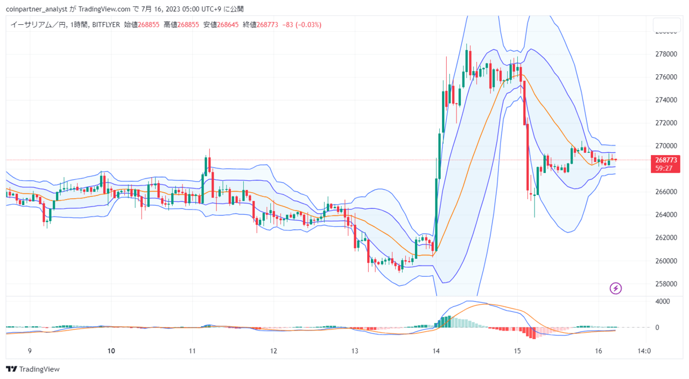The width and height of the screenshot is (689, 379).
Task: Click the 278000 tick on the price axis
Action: click(666, 54)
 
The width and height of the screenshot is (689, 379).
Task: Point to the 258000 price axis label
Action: click(666, 284)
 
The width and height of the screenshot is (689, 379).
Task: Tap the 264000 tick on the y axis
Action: click(666, 215)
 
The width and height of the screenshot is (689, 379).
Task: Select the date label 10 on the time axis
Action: click(111, 351)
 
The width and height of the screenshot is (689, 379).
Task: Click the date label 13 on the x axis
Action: click(355, 351)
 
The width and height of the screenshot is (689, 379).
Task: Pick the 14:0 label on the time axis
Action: click(644, 351)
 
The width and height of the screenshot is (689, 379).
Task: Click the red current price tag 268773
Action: click(666, 160)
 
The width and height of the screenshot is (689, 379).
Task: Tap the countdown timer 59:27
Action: click(664, 169)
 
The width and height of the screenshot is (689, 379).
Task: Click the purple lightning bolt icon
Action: click(615, 289)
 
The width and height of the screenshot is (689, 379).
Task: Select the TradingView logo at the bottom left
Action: click(33, 369)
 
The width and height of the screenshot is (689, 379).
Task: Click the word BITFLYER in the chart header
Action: click(106, 25)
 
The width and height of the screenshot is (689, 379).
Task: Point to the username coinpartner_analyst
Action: click(37, 9)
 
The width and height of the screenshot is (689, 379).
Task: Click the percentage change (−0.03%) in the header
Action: click(308, 25)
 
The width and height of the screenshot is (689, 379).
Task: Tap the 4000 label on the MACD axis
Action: click(663, 301)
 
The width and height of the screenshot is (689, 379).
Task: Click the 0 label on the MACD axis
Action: click(657, 328)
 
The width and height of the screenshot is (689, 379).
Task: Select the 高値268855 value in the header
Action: click(181, 25)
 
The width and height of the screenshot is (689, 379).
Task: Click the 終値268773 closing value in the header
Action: click(260, 25)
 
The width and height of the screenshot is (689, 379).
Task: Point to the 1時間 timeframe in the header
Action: click(79, 25)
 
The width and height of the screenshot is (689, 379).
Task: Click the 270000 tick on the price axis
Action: click(666, 146)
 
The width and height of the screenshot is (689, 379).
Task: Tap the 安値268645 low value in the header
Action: click(221, 25)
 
